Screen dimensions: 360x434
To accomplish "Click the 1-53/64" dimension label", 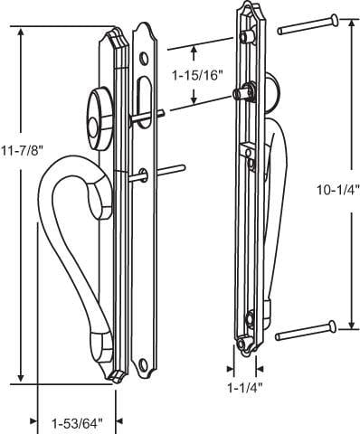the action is (77, 424).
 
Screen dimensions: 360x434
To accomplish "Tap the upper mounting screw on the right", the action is (308, 24).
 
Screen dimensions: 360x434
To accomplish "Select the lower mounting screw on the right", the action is (306, 331).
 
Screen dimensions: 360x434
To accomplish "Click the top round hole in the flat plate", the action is (144, 59).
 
